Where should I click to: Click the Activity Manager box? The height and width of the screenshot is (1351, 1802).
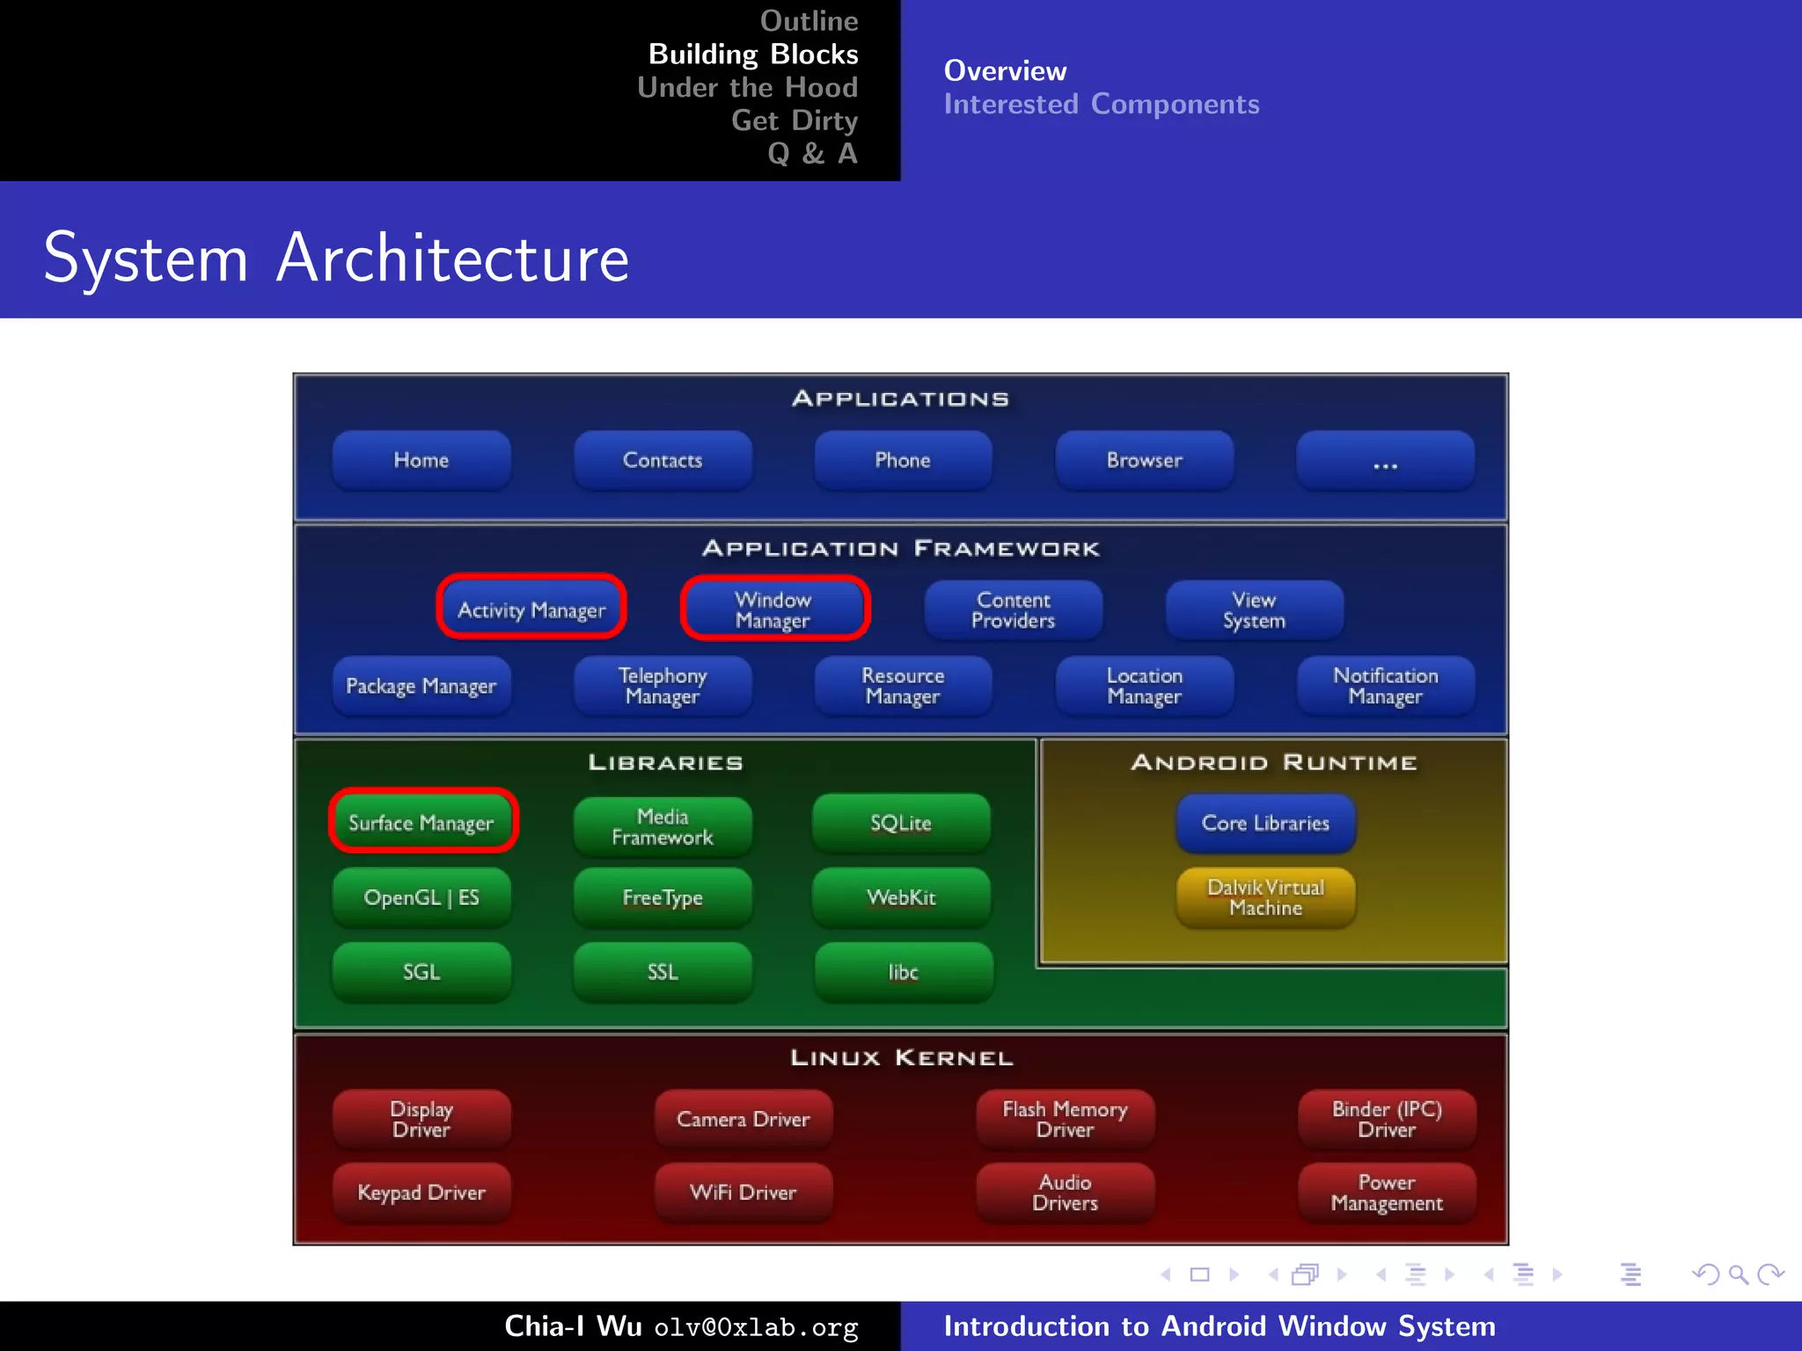pyautogui.click(x=531, y=609)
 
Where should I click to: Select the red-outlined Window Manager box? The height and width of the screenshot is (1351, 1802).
pyautogui.click(x=774, y=609)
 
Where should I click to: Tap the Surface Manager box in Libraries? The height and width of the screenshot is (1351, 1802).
pyautogui.click(x=422, y=822)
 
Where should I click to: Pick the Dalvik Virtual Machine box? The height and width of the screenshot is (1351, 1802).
pyautogui.click(x=1265, y=897)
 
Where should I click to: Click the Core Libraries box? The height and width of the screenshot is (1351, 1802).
pyautogui.click(x=1265, y=822)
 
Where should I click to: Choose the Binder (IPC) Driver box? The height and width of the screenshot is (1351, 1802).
pyautogui.click(x=1387, y=1119)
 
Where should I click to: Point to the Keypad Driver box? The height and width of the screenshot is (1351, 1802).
pyautogui.click(x=421, y=1193)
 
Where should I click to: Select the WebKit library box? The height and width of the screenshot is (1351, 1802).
pyautogui.click(x=902, y=897)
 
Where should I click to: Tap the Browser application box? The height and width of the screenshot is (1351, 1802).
pyautogui.click(x=1144, y=460)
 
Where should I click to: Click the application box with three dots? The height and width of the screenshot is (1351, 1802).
pyautogui.click(x=1385, y=460)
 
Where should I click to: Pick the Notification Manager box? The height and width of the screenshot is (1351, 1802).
pyautogui.click(x=1385, y=686)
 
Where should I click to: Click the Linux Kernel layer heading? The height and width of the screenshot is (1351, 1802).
pyautogui.click(x=901, y=1057)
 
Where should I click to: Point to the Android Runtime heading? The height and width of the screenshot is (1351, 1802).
pyautogui.click(x=1273, y=763)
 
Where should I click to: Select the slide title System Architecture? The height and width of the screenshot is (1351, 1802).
pyautogui.click(x=336, y=258)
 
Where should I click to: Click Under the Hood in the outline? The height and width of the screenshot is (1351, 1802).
pyautogui.click(x=747, y=87)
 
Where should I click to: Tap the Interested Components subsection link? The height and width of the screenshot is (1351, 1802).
pyautogui.click(x=1102, y=104)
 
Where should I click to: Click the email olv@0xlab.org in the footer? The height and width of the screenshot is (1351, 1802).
pyautogui.click(x=756, y=1327)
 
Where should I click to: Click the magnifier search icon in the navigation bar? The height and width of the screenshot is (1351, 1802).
pyautogui.click(x=1738, y=1274)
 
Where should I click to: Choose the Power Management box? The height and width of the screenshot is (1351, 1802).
pyautogui.click(x=1387, y=1193)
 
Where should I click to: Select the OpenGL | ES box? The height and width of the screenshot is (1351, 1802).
pyautogui.click(x=421, y=897)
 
